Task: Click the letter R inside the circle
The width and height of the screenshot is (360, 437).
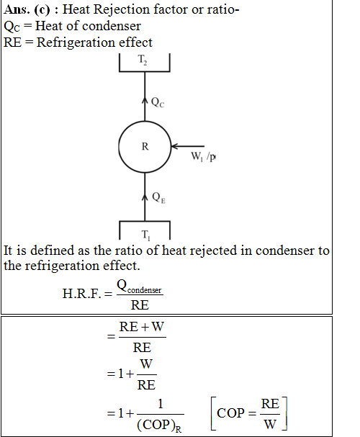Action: pyautogui.click(x=145, y=146)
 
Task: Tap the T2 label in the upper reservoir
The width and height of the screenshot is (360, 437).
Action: pyautogui.click(x=143, y=60)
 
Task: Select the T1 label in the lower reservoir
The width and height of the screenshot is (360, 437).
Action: pyautogui.click(x=145, y=235)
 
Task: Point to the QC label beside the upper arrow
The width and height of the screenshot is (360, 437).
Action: pyautogui.click(x=158, y=102)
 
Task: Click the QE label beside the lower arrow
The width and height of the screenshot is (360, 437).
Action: pyautogui.click(x=158, y=197)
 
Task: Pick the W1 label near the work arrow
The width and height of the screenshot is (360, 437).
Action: pyautogui.click(x=197, y=156)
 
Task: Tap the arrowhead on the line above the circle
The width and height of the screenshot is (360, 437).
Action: pyautogui.click(x=145, y=100)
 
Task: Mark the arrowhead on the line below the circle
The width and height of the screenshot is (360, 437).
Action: pyautogui.click(x=145, y=197)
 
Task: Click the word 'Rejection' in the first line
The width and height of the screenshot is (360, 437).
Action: pyautogui.click(x=121, y=9)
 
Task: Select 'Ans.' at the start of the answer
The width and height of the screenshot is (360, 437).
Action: pyautogui.click(x=17, y=9)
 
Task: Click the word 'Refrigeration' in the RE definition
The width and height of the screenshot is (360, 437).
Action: pyautogui.click(x=76, y=42)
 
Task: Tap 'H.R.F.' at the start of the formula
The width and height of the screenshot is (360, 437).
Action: pyautogui.click(x=81, y=294)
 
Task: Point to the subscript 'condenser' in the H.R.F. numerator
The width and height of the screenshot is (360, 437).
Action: pyautogui.click(x=144, y=290)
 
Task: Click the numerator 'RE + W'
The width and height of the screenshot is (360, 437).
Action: pyautogui.click(x=142, y=327)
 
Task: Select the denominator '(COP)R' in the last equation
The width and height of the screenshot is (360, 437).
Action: pyautogui.click(x=159, y=425)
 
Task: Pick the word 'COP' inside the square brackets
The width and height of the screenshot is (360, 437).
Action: pyautogui.click(x=230, y=413)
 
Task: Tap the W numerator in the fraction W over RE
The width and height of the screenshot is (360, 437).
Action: pyautogui.click(x=146, y=364)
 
